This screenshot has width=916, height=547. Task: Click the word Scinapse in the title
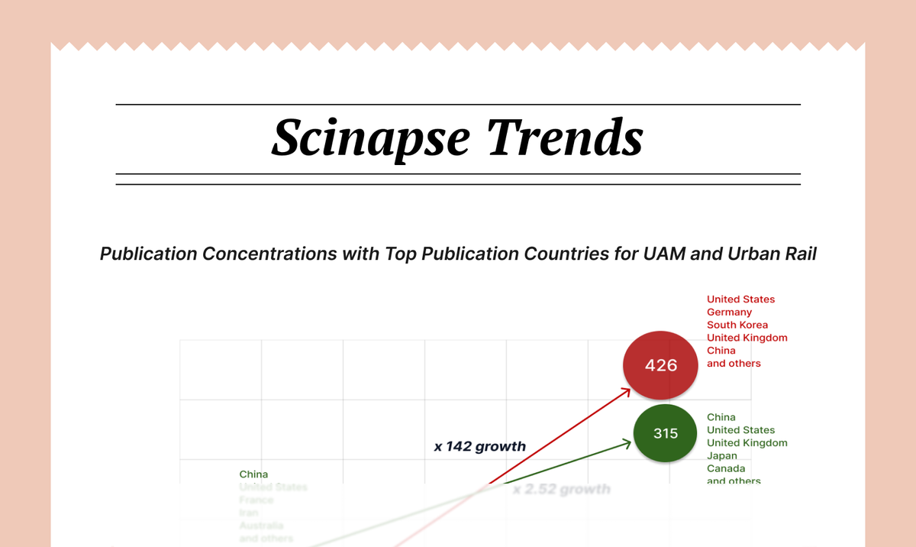coord(372,138)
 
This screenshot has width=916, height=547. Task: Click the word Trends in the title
coord(565,138)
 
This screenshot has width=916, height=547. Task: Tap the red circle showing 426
coord(661,365)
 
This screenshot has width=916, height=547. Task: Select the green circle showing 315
coord(666,433)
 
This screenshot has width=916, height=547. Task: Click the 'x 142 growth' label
coord(479,446)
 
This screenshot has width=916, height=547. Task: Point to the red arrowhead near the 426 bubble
coord(627,391)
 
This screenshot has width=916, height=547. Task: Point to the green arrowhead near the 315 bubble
coord(629,442)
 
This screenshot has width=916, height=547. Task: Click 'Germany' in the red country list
coord(729,312)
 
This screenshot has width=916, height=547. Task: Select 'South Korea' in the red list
coord(737,325)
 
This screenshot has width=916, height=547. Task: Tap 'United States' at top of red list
coord(740,299)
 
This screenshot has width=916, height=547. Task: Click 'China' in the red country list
coord(721,351)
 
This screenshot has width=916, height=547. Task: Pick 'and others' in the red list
coord(734,364)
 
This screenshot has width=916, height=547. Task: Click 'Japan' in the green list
coord(722,455)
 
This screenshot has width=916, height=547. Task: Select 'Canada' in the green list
coord(725,468)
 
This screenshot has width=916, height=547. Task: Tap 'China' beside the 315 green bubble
coord(721,417)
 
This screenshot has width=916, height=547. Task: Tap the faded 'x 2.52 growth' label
coord(561,489)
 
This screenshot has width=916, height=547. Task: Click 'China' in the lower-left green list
coord(253,474)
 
